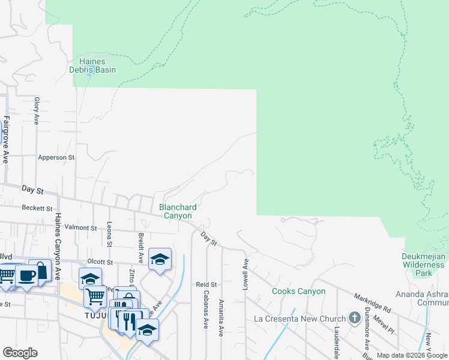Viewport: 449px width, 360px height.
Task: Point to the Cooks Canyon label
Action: pos(298,292)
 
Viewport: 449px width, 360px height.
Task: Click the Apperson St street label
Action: pos(56,158)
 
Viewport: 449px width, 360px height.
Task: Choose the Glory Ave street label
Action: pos(37,110)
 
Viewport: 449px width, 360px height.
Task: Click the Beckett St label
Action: pos(37,208)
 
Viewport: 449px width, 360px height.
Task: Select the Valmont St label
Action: pos(80,228)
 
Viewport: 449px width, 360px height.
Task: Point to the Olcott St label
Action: pos(100,262)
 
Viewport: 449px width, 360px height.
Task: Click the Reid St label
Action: pos(206,284)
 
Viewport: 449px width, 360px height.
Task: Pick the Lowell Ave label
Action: pos(246,275)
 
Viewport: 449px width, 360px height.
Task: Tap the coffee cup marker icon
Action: pos(26,275)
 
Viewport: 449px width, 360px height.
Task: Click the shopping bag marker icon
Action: pos(40,270)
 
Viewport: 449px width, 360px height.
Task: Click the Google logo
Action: pos(20,353)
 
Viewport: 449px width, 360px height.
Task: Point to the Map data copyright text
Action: pos(412,355)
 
